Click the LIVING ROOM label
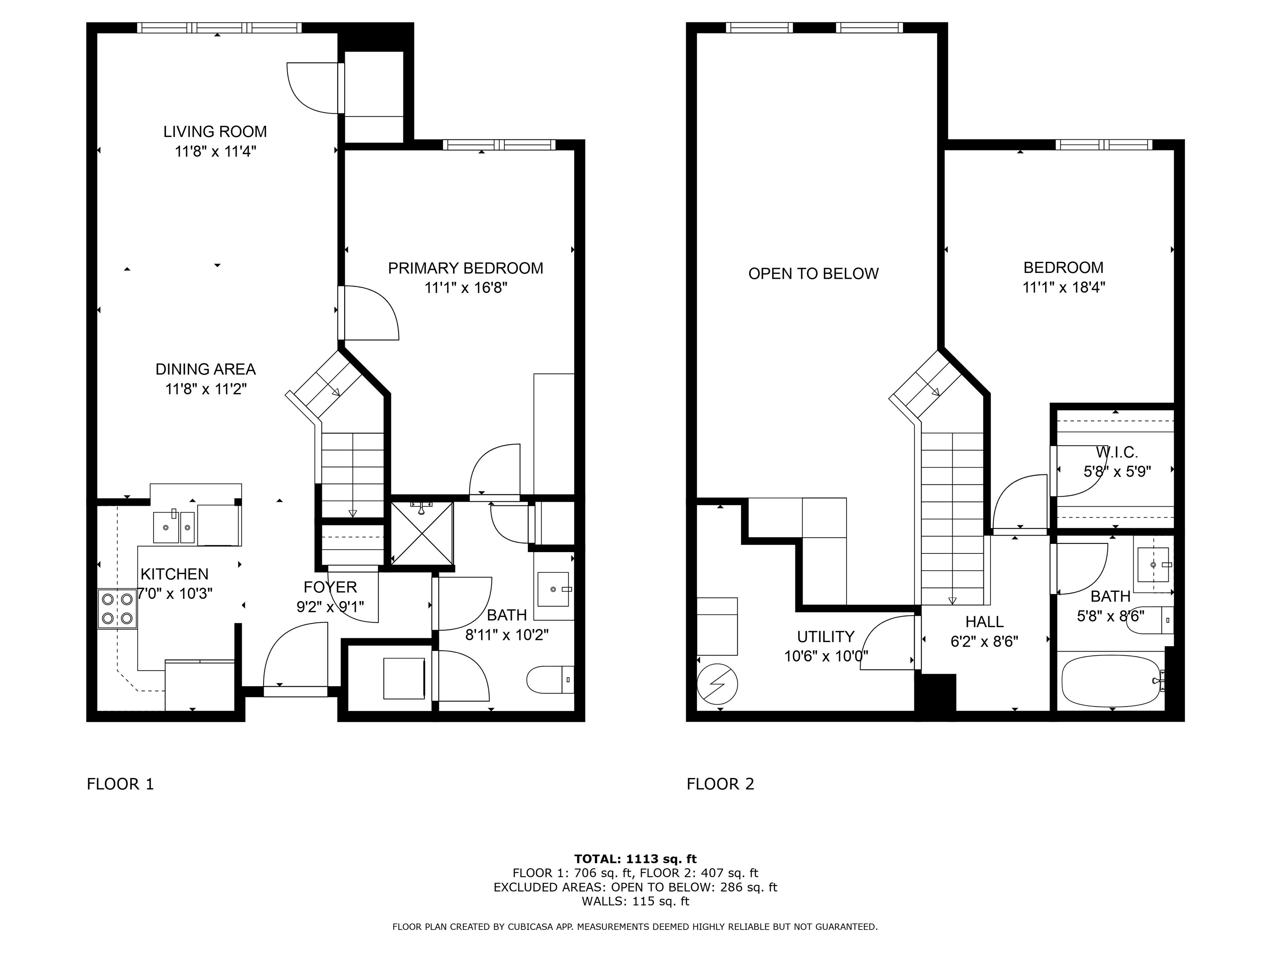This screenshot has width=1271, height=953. [x=215, y=132]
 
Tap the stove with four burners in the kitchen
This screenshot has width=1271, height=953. [x=117, y=609]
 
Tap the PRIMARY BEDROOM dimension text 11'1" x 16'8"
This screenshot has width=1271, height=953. [x=465, y=288]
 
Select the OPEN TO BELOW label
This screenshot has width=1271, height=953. [x=813, y=273]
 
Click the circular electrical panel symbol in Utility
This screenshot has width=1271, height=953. [x=717, y=684]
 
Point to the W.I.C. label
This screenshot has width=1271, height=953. [x=1116, y=452]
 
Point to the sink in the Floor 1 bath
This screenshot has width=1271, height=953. [x=553, y=589]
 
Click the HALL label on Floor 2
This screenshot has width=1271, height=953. [x=984, y=622]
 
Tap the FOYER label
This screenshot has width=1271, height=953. [x=331, y=587]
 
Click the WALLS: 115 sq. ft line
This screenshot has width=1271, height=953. [x=635, y=901]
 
